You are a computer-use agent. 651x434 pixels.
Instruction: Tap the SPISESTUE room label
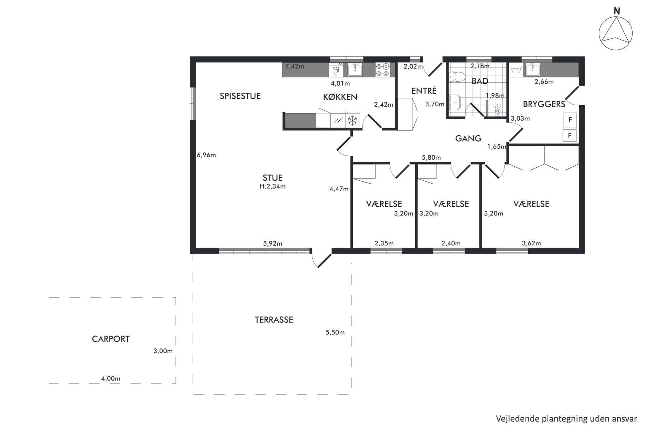click(x=240, y=96)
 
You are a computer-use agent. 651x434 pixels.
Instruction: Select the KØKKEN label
click(x=340, y=97)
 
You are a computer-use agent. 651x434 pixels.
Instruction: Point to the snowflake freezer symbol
click(x=352, y=120)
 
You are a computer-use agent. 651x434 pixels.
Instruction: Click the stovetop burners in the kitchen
click(x=383, y=70)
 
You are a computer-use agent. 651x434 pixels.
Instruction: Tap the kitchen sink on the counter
click(x=355, y=70)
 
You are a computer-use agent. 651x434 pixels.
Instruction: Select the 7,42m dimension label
click(x=295, y=67)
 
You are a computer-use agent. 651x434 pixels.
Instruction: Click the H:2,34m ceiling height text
click(x=272, y=186)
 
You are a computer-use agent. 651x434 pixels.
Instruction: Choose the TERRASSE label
click(x=274, y=320)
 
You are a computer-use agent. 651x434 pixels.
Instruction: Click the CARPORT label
click(x=111, y=339)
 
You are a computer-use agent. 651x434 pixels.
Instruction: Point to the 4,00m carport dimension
click(x=111, y=379)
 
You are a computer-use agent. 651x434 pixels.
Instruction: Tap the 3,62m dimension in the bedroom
click(x=531, y=243)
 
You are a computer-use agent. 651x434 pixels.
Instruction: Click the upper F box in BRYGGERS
click(x=570, y=120)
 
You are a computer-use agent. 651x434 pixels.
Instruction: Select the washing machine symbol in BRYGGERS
click(x=516, y=70)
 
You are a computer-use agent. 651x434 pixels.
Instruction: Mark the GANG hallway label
click(x=468, y=138)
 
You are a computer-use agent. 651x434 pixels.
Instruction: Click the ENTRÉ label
click(x=424, y=91)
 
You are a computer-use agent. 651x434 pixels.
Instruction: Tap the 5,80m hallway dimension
click(x=431, y=157)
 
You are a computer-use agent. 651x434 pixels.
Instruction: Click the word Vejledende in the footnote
click(x=517, y=419)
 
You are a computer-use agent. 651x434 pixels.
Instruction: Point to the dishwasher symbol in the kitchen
click(x=336, y=70)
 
